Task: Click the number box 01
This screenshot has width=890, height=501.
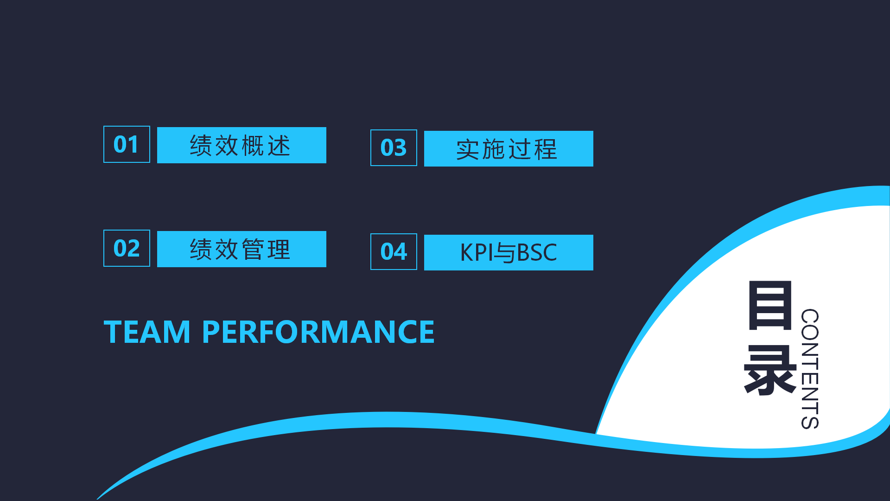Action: (x=127, y=144)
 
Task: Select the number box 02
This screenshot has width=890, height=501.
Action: (x=127, y=248)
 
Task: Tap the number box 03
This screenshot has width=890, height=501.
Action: (x=394, y=148)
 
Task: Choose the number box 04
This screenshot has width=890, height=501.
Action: (x=394, y=252)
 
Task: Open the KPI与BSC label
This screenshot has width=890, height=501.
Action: (x=509, y=253)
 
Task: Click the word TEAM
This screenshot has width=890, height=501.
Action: (x=147, y=332)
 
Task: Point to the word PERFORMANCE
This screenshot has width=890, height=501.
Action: (x=318, y=332)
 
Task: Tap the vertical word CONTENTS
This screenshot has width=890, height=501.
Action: (x=810, y=369)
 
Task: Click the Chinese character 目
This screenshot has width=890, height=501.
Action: (x=770, y=305)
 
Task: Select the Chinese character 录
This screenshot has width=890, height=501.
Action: (x=770, y=370)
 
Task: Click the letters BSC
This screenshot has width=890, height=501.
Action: (x=536, y=253)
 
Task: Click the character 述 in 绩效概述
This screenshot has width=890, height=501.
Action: (x=279, y=146)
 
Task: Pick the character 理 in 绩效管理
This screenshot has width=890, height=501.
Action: (x=279, y=250)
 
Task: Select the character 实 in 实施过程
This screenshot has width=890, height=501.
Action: (x=468, y=149)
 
